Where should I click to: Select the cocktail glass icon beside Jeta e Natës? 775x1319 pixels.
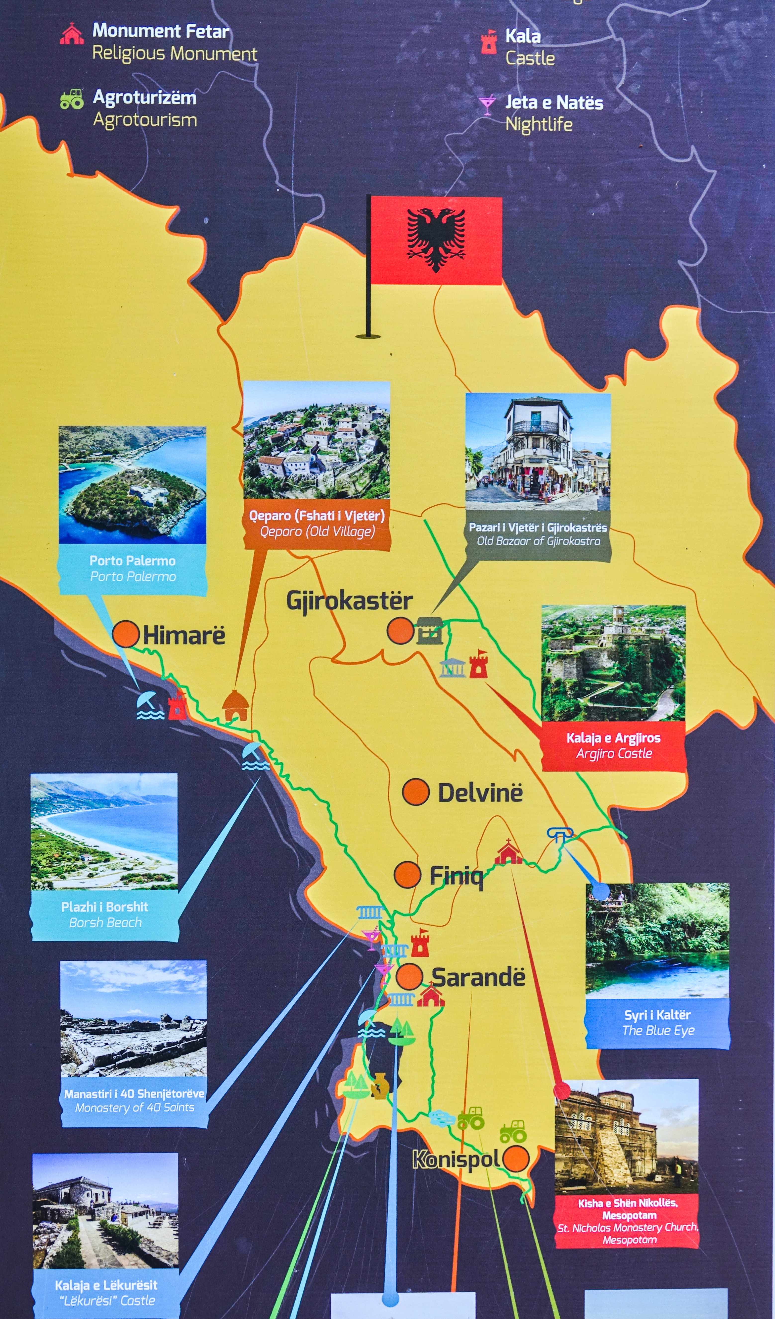(x=487, y=104)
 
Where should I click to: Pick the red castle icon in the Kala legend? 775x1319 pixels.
(x=488, y=42)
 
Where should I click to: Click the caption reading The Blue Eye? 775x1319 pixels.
(x=658, y=1031)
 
